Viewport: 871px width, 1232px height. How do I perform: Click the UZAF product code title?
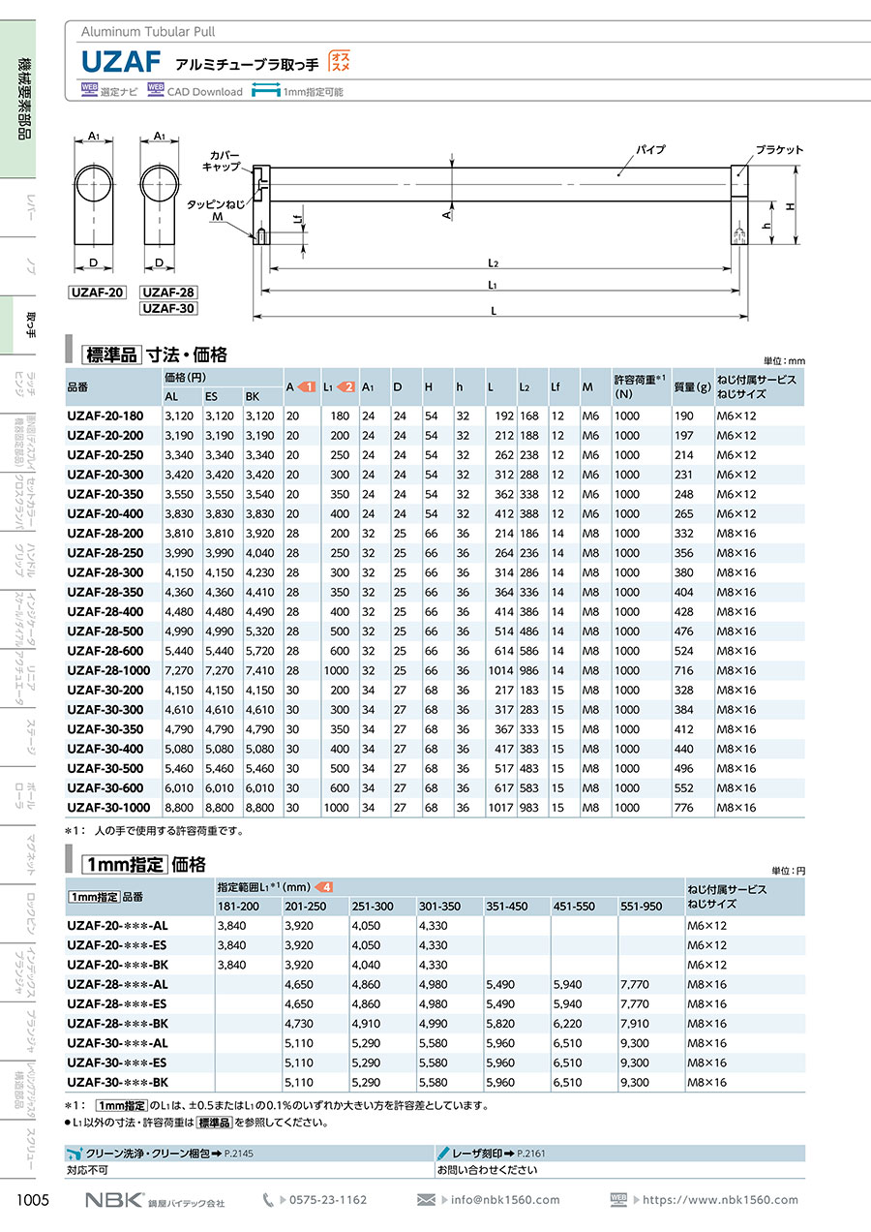click(x=120, y=62)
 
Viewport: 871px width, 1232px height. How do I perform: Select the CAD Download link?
click(x=204, y=92)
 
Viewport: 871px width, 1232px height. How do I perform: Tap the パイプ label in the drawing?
click(x=650, y=150)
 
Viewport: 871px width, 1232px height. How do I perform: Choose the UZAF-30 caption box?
click(x=168, y=309)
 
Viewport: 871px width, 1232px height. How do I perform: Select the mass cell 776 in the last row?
click(x=682, y=807)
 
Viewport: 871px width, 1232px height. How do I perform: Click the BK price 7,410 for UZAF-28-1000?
click(x=260, y=670)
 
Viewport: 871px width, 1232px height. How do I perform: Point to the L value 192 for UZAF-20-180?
click(x=502, y=416)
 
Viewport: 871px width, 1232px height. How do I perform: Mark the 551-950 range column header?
click(x=642, y=906)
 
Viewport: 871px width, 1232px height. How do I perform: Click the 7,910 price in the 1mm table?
click(x=636, y=1023)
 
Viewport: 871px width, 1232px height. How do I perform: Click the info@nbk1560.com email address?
click(x=505, y=1200)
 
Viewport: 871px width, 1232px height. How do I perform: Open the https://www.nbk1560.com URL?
click(x=721, y=1200)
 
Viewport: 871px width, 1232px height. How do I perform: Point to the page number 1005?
click(x=33, y=1200)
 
